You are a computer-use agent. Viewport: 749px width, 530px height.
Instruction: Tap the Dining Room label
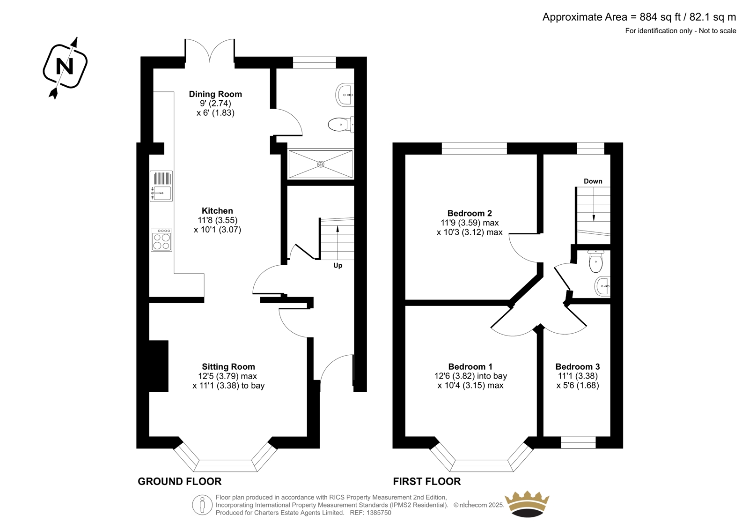tap(215, 94)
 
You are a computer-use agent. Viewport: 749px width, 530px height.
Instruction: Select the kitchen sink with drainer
tap(162, 186)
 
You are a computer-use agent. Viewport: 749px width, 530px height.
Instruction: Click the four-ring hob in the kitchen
tap(162, 240)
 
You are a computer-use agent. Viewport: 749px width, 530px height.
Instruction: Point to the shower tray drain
tap(321, 164)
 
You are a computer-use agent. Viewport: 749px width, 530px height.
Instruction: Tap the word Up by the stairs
tap(338, 266)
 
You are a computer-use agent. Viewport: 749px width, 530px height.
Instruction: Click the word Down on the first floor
tap(593, 181)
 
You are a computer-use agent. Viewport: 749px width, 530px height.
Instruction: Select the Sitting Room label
tap(228, 366)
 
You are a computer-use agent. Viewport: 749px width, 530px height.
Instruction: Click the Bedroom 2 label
tap(470, 213)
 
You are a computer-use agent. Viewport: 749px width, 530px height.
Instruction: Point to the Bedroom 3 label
tap(578, 366)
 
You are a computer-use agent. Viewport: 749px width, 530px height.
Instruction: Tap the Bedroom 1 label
tap(470, 366)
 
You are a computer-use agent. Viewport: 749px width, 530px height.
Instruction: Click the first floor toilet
tap(595, 261)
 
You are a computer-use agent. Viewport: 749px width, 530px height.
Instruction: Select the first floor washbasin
tap(602, 286)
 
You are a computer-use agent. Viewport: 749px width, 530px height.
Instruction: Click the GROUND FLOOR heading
tap(180, 481)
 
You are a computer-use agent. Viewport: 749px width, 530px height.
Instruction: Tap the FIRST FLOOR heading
tap(426, 481)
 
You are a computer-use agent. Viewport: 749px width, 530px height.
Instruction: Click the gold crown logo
tap(527, 504)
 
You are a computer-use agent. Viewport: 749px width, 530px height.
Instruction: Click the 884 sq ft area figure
tap(660, 17)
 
